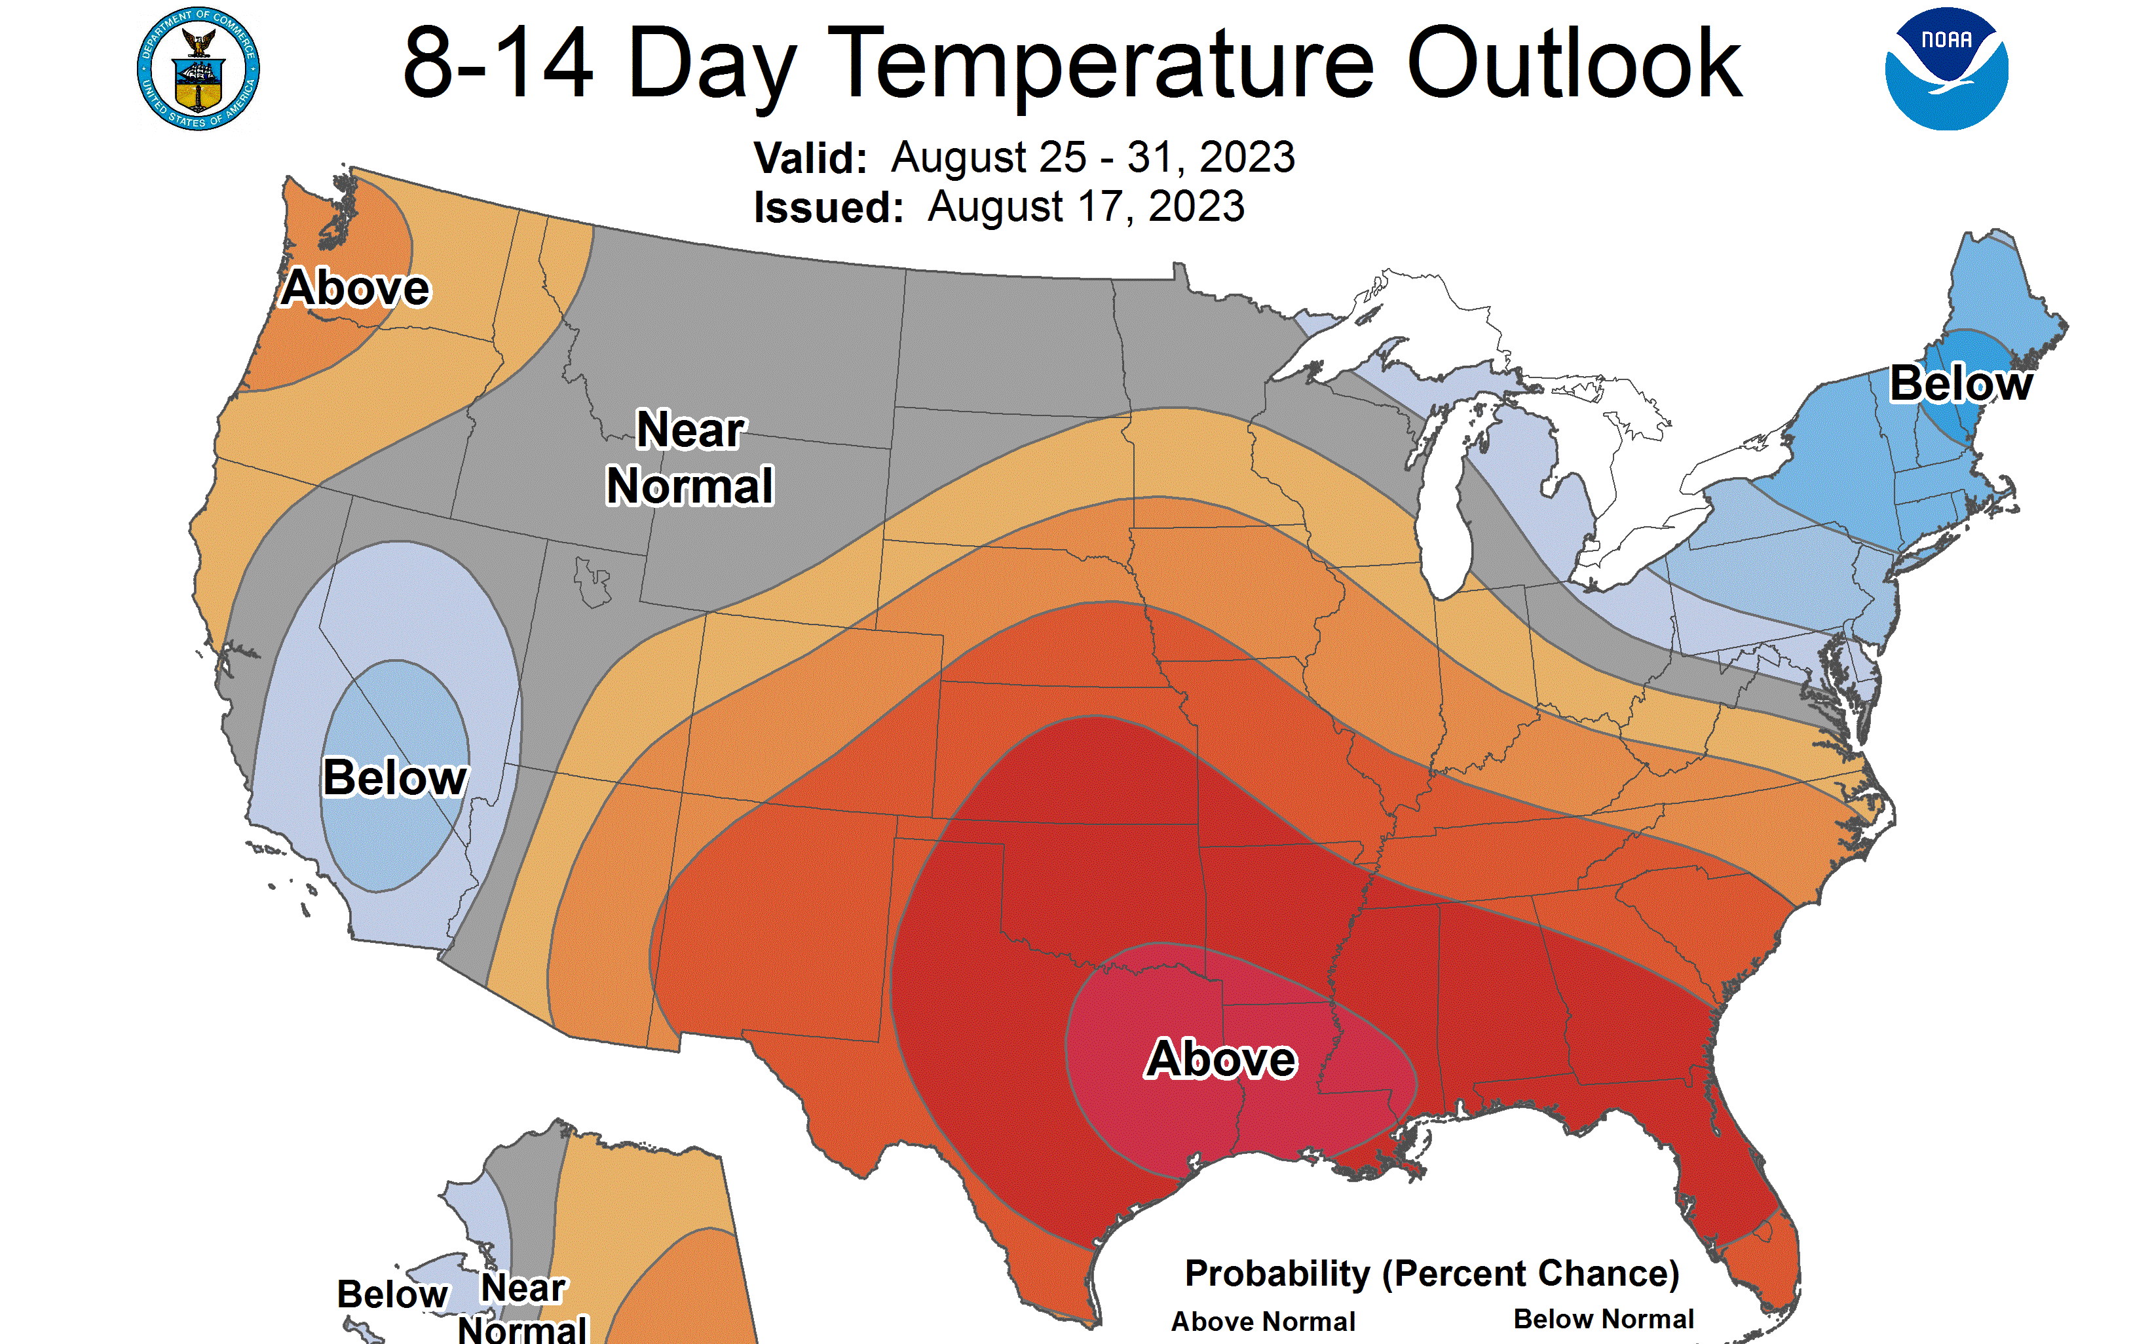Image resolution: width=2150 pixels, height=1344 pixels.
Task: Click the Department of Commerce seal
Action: tap(198, 68)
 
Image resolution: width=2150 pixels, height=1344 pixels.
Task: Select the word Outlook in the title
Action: tap(1574, 64)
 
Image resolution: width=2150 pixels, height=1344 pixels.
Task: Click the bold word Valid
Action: tap(809, 158)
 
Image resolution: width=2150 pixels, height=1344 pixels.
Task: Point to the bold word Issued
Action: tap(828, 208)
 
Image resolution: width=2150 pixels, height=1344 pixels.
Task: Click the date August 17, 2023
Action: tap(1085, 207)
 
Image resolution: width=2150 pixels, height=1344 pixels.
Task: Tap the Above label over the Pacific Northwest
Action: tap(355, 288)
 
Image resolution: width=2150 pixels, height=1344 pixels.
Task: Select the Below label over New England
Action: tap(1960, 384)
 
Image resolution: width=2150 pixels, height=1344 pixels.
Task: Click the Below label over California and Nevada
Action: tap(394, 778)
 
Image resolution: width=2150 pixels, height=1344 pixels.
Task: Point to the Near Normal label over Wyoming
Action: tap(689, 458)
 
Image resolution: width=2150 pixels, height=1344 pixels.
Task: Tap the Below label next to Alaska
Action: tap(392, 1294)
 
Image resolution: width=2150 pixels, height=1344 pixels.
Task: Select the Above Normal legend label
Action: tap(1262, 1322)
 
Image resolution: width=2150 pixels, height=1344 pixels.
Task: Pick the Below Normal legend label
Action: tap(1603, 1319)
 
